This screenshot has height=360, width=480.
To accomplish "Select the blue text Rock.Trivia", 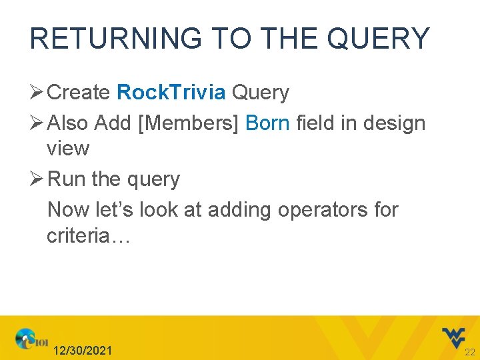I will coord(171,93).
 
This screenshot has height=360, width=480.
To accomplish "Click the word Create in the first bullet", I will coord(79,93).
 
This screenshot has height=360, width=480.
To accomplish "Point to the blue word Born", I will coord(268,123).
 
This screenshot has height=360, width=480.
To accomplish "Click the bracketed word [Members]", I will coord(189,123).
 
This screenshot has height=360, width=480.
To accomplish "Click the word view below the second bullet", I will coord(68,148).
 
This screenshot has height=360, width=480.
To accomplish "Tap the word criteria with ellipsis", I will coord(89,235).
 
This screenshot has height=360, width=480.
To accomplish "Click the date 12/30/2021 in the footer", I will coord(83,351).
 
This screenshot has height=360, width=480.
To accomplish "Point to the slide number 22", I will coord(469,351).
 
